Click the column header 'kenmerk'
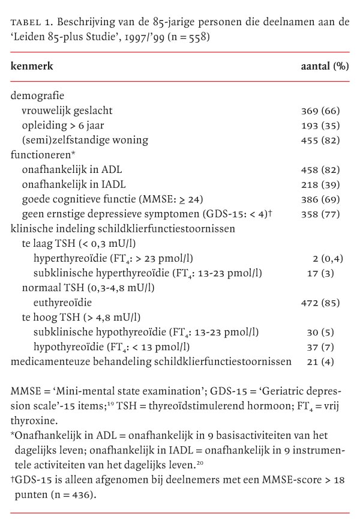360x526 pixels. [32, 66]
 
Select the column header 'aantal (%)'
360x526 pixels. [325, 66]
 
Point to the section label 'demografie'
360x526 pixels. [37, 96]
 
